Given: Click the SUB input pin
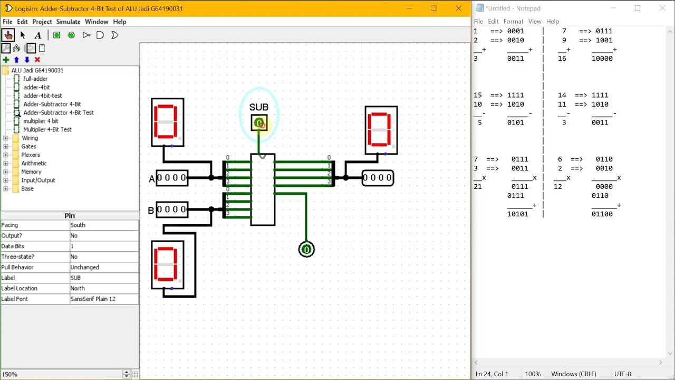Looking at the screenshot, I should [x=259, y=123].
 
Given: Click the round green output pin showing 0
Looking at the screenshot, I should [x=306, y=249].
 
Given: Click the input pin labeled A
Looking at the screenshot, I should [x=172, y=178].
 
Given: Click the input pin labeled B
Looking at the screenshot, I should [x=172, y=210].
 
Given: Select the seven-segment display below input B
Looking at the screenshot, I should [x=168, y=264].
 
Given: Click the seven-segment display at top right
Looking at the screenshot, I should [x=381, y=130].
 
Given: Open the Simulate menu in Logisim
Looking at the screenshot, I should [x=68, y=22].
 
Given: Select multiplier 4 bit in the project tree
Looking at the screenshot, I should [x=41, y=121].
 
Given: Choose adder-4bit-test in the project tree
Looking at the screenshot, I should [x=42, y=96].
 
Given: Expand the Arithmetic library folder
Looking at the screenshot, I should [x=6, y=163].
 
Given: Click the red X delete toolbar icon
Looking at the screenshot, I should [x=37, y=60].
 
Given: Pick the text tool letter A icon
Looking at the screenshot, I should [x=38, y=35].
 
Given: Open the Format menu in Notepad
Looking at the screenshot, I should [x=513, y=22].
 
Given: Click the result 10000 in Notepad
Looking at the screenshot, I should [x=602, y=59].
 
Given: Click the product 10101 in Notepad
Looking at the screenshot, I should [x=517, y=214].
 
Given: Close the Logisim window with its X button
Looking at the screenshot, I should [x=458, y=8].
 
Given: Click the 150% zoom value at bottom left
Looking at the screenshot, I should [x=9, y=374].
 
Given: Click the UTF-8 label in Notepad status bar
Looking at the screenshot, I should [x=622, y=374].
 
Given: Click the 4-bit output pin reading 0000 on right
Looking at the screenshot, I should [x=378, y=178].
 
